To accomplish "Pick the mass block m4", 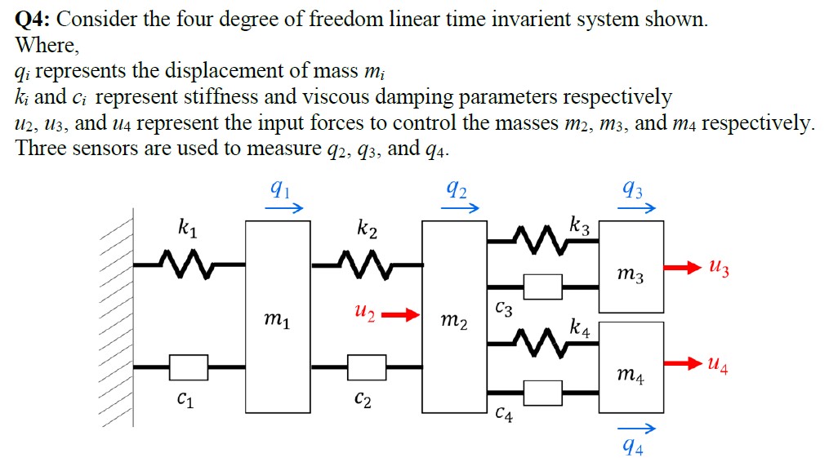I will point(631,367).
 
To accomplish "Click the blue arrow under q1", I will point(281,209).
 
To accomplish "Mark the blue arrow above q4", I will point(635,429).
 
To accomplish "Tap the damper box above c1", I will point(189,367).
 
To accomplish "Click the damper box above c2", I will point(367,367).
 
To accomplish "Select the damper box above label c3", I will point(543,287).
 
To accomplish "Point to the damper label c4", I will point(505,415).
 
